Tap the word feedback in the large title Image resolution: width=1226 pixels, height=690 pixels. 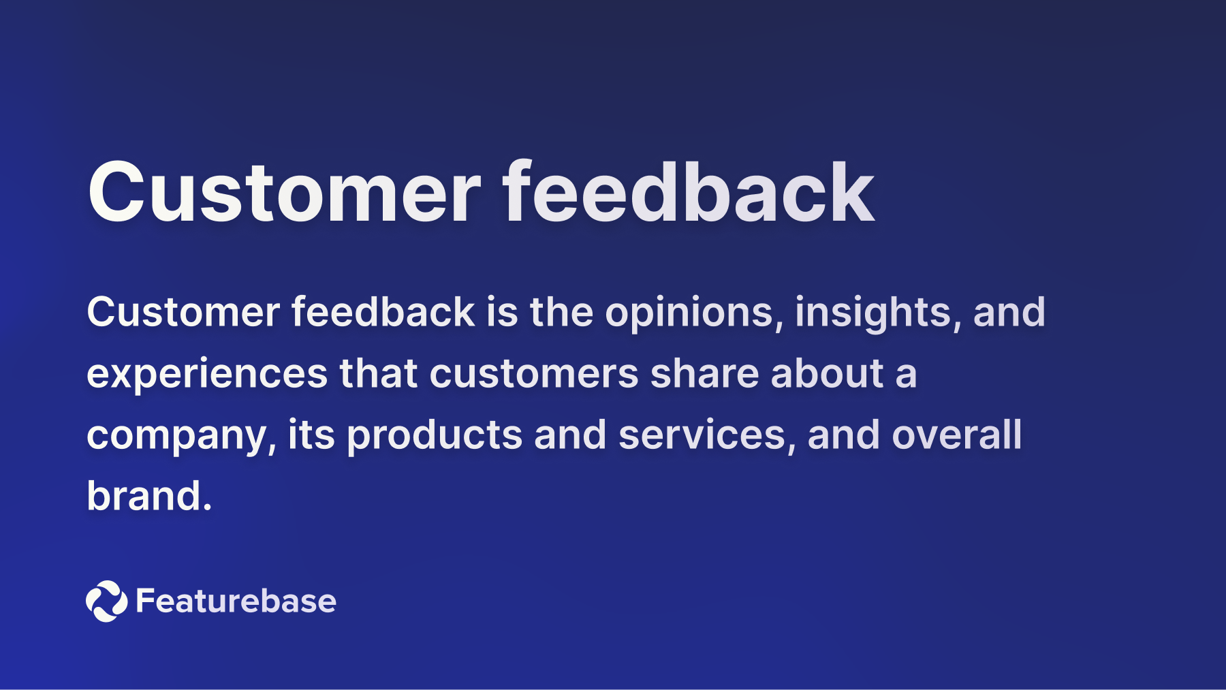[x=688, y=193]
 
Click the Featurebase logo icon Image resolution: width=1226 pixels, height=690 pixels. [x=106, y=601]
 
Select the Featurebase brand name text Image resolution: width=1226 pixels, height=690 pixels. [x=236, y=601]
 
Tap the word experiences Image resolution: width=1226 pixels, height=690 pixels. [x=207, y=374]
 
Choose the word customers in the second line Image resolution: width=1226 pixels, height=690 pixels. [x=533, y=374]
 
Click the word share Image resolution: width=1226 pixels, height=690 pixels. [x=704, y=374]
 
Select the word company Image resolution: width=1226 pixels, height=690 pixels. [x=180, y=435]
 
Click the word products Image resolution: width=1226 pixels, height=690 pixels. [x=434, y=435]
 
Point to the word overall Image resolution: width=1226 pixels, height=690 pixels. [x=957, y=435]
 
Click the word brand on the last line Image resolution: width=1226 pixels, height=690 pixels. [x=144, y=496]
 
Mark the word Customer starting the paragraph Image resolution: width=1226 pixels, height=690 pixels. [x=183, y=313]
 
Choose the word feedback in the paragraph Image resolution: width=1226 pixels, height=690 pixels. [x=383, y=313]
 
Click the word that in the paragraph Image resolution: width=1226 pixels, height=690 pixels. [x=378, y=374]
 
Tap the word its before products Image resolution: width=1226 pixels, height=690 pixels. [x=311, y=435]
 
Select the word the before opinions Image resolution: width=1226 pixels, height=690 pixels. [x=561, y=313]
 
